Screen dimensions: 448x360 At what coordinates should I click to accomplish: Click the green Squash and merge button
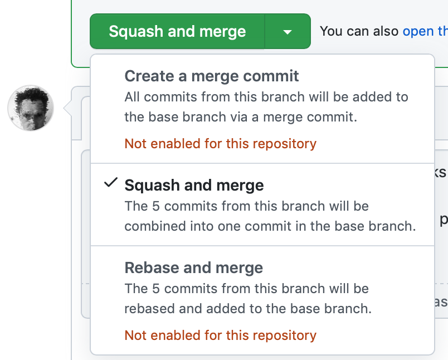(x=177, y=31)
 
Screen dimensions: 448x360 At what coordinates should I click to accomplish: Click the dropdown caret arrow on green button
(x=288, y=32)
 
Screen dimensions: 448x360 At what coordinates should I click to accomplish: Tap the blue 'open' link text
(x=418, y=31)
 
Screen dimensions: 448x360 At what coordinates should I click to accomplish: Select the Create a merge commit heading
(x=212, y=76)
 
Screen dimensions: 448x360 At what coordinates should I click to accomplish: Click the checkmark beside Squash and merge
(x=110, y=183)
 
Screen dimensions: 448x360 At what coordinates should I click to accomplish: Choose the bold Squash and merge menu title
(x=194, y=185)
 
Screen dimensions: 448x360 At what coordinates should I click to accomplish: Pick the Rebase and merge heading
(x=194, y=267)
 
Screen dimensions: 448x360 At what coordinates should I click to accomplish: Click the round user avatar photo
(x=31, y=108)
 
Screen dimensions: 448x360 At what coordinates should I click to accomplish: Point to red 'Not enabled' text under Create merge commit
(x=221, y=143)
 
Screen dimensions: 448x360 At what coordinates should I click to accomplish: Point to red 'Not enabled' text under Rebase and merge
(x=221, y=335)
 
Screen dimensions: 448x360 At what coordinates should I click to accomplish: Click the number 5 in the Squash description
(x=155, y=206)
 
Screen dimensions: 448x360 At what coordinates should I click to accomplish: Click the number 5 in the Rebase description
(x=155, y=289)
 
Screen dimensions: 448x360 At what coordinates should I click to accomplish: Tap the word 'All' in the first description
(x=132, y=97)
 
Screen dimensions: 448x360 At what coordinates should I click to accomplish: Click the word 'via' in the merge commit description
(x=238, y=117)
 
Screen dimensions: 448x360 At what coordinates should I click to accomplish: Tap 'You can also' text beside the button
(x=359, y=31)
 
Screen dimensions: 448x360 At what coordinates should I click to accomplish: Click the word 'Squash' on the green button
(x=136, y=31)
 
